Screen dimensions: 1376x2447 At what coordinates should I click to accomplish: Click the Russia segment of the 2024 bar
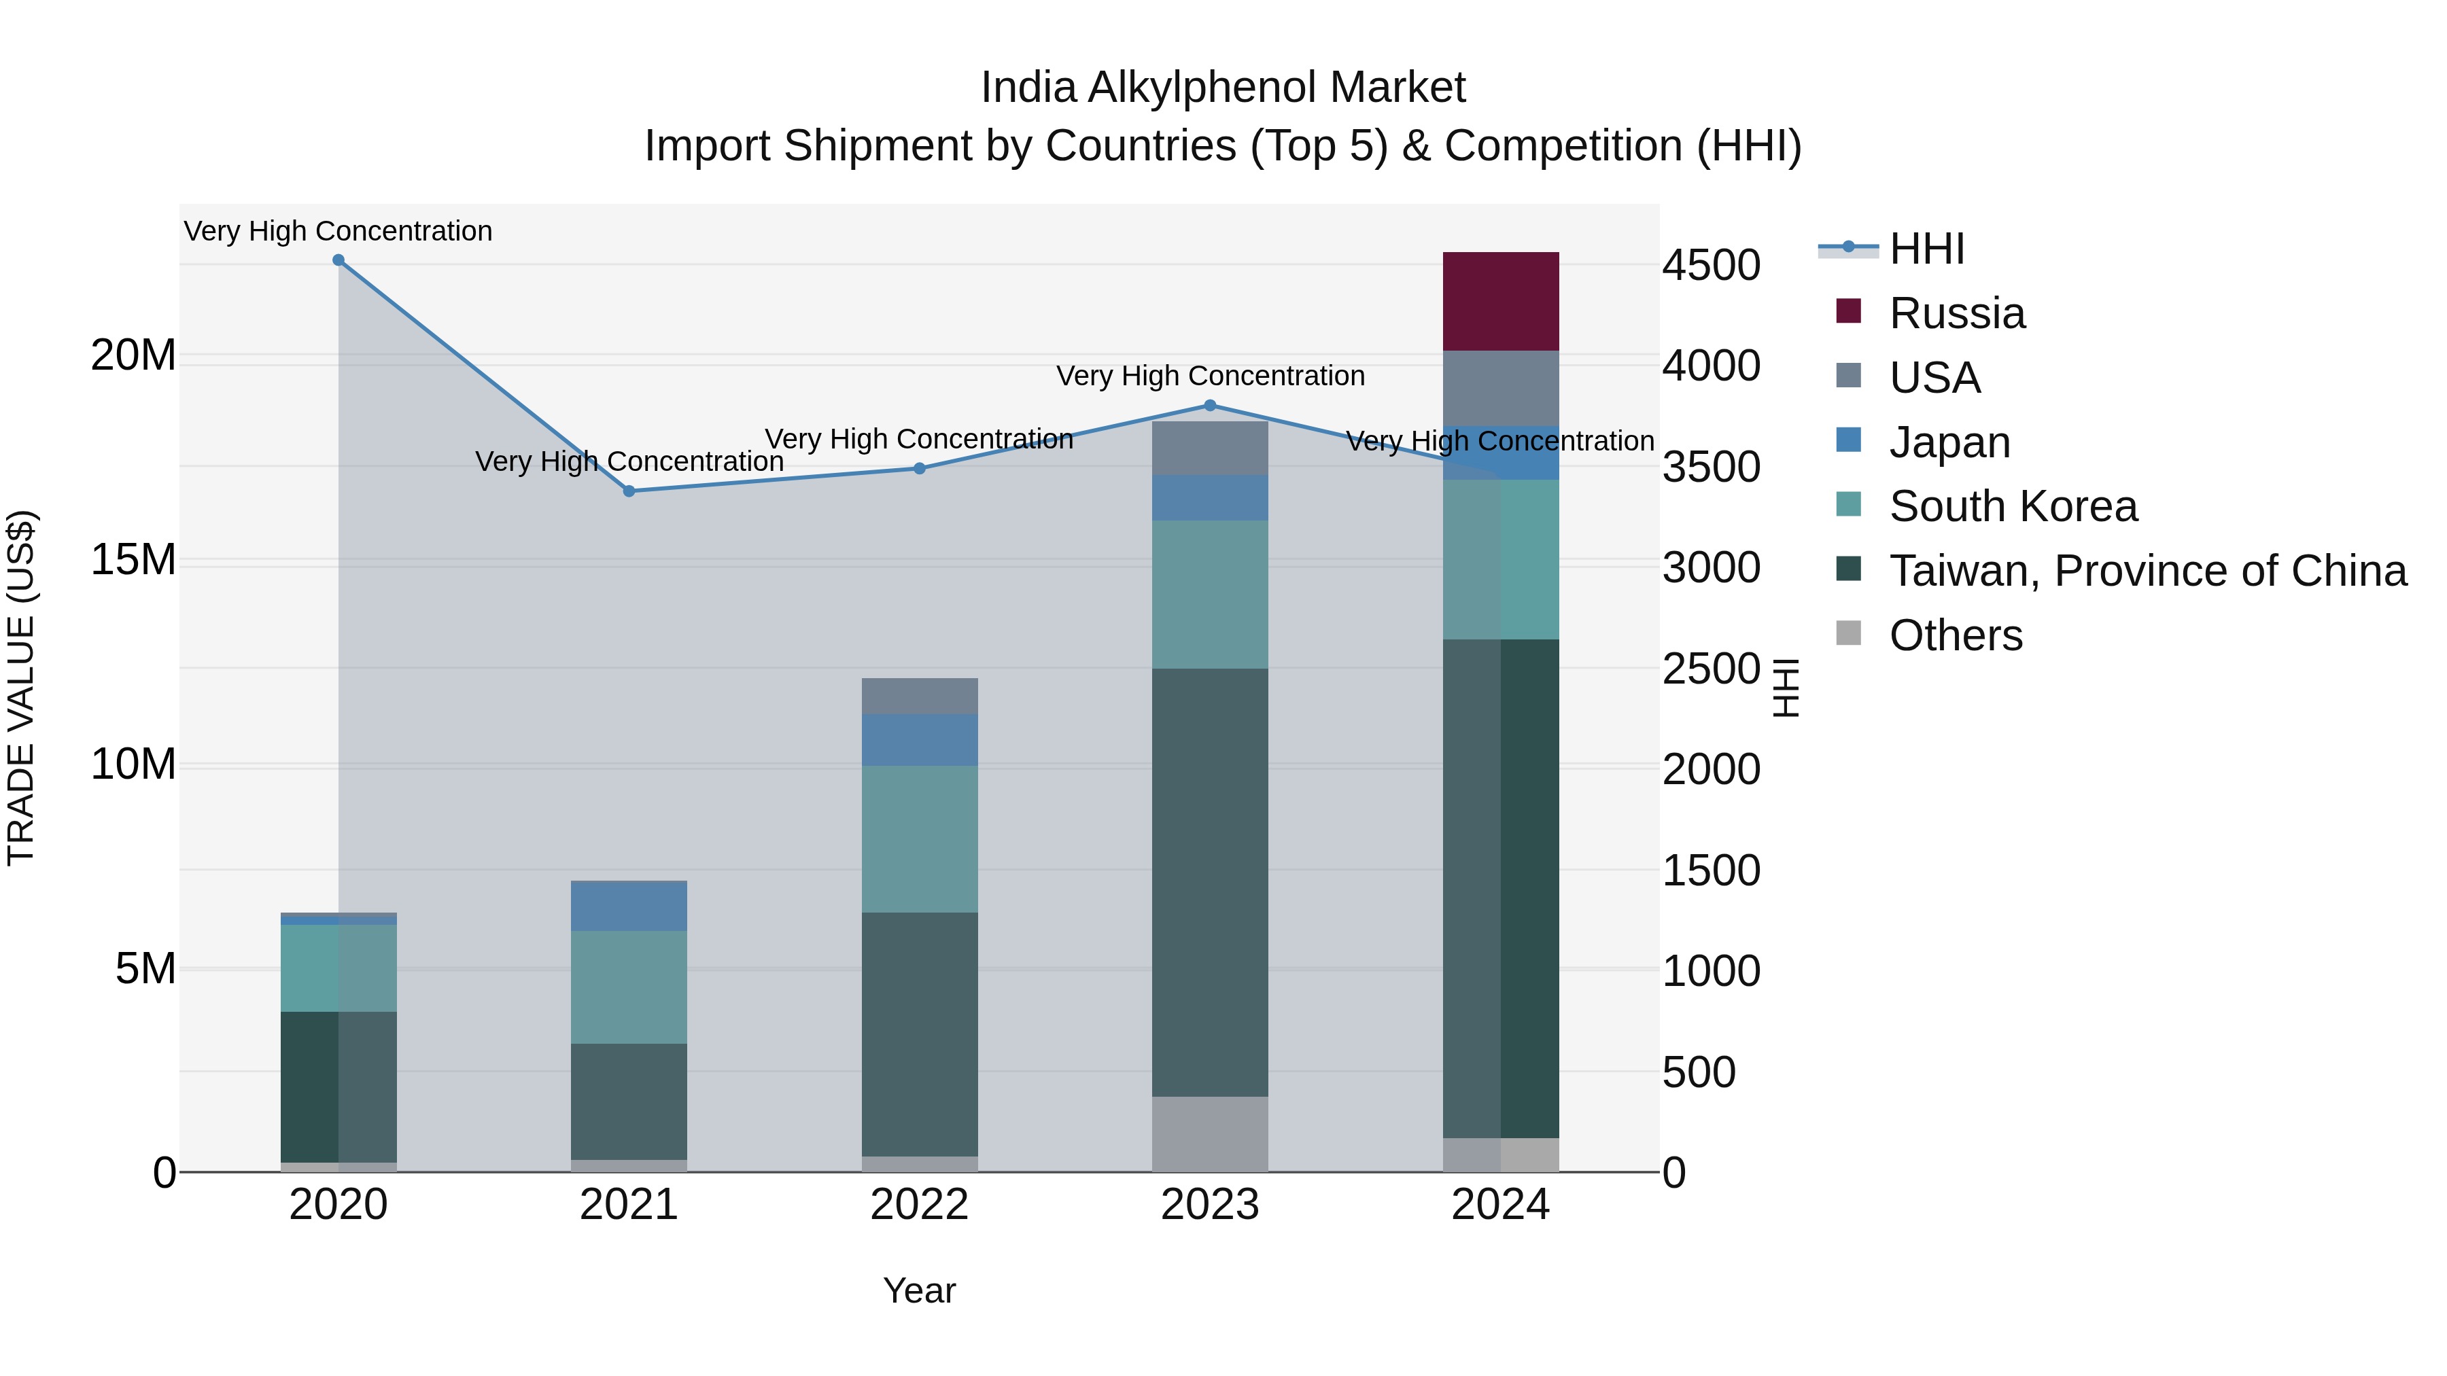pos(1500,301)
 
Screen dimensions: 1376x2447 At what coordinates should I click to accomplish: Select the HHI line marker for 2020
pos(339,260)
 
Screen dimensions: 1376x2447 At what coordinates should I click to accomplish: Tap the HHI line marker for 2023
pos(1209,406)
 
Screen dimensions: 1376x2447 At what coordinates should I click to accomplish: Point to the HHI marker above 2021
pos(629,491)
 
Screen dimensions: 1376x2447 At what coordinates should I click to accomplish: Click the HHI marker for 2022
pos(920,468)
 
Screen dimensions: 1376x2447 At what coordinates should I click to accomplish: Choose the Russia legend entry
pos(1957,313)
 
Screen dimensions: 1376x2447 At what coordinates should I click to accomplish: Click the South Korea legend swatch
pos(1849,504)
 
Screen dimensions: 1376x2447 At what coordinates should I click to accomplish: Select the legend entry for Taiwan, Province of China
pos(2147,571)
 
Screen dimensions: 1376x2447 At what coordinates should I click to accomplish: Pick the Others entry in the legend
pos(1955,635)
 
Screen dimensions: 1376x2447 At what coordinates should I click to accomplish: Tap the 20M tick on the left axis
pos(133,356)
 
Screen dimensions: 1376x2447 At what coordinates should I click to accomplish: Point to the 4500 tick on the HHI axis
pos(1711,266)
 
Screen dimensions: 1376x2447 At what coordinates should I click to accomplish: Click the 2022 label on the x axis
pos(920,1205)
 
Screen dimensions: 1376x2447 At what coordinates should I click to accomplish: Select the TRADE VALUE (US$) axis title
pos(21,688)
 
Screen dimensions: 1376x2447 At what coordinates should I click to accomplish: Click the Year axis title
pos(920,1290)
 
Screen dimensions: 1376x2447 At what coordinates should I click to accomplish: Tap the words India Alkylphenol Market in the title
pos(1223,88)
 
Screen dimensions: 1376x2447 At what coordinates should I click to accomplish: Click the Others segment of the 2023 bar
pos(1209,1134)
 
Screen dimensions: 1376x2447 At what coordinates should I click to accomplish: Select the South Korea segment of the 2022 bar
pos(920,839)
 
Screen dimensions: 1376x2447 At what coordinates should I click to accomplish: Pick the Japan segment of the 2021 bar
pos(629,906)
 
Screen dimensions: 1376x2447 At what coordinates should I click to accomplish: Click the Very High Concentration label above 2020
pos(339,231)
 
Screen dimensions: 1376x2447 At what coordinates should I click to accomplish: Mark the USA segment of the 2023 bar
pos(1209,448)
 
